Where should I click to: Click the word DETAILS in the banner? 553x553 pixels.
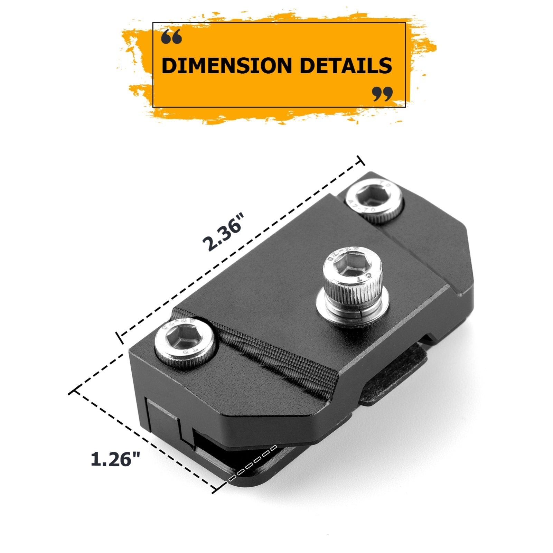click(345, 65)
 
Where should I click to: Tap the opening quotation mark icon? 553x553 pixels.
click(171, 37)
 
